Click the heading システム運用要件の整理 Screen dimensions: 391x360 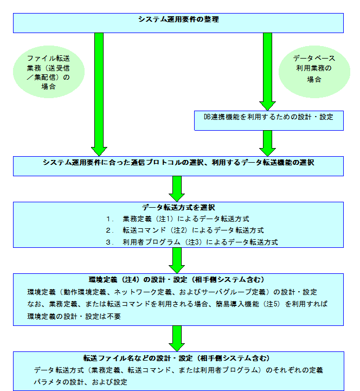(x=178, y=20)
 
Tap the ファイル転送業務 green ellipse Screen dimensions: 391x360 (x=48, y=72)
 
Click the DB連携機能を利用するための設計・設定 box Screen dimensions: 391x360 (x=269, y=117)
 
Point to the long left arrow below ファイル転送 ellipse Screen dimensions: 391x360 (x=99, y=92)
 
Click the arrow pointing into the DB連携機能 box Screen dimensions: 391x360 (x=268, y=70)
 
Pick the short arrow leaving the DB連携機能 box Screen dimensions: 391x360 (x=268, y=143)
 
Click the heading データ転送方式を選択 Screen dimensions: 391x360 (x=178, y=208)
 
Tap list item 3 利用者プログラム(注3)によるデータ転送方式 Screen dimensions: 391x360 (x=192, y=242)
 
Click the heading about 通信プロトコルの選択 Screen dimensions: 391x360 (x=178, y=162)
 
